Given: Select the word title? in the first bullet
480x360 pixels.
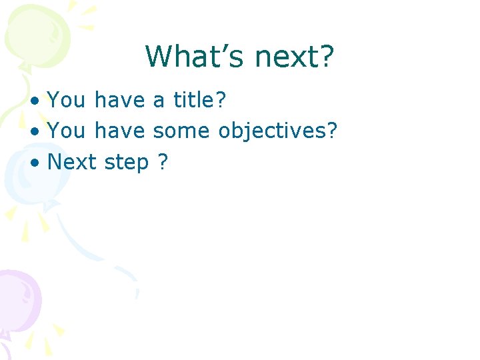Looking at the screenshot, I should point(200,101).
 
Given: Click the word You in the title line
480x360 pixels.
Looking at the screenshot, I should point(67,101).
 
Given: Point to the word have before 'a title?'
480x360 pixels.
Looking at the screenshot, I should point(119,101).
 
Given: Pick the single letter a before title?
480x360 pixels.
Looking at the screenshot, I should point(159,101).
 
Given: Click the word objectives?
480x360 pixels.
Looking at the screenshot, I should point(278,131).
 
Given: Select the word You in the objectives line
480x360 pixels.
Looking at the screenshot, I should point(67,131).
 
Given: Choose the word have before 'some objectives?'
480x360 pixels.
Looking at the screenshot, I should point(119,131).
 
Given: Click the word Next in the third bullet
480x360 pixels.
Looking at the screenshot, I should point(73,162).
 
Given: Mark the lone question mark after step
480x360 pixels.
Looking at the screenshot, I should point(163,162).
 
